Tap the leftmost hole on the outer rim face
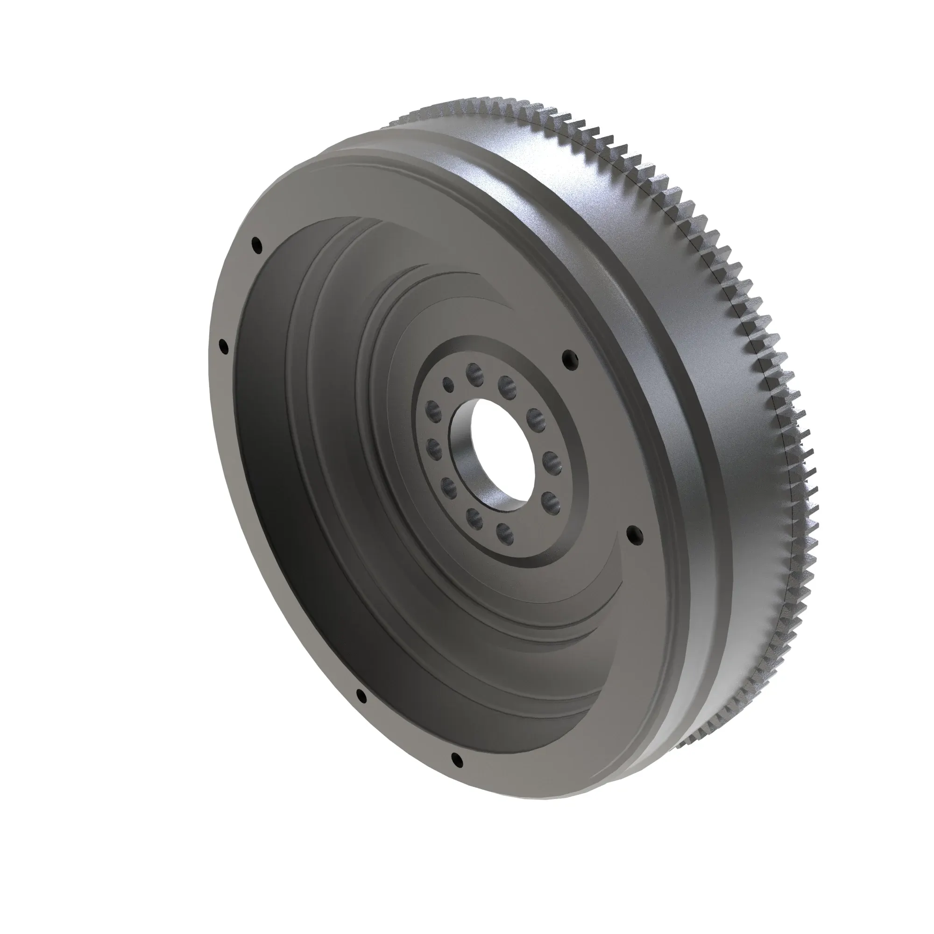[223, 346]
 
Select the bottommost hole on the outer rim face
[456, 759]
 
